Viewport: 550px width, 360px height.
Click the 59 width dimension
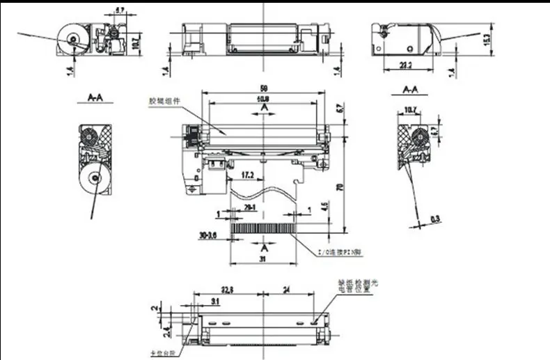[264, 89]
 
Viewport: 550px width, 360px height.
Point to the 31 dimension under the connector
[263, 260]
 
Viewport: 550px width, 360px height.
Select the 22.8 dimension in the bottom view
[228, 290]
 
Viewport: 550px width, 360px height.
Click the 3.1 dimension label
[213, 301]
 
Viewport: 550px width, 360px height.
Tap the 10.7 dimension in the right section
[410, 109]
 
